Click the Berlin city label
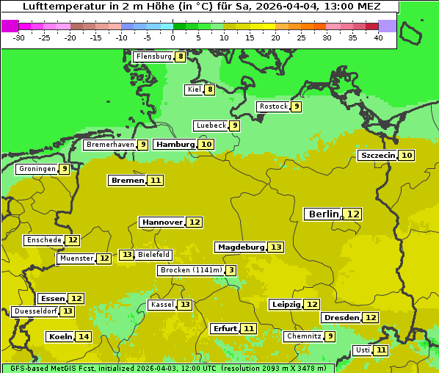(323, 214)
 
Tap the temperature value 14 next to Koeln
(84, 337)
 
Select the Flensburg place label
(153, 57)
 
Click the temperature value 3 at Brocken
(231, 270)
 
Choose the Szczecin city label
(377, 155)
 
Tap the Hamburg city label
(175, 145)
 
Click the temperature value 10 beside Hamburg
(207, 145)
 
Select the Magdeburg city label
(239, 247)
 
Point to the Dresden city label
(341, 318)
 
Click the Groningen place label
(37, 169)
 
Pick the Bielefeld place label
(153, 255)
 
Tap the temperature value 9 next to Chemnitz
(330, 336)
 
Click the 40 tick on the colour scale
(378, 37)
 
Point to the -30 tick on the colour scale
(19, 37)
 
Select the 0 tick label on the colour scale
(173, 37)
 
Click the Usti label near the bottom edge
(363, 350)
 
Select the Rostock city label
(273, 106)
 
